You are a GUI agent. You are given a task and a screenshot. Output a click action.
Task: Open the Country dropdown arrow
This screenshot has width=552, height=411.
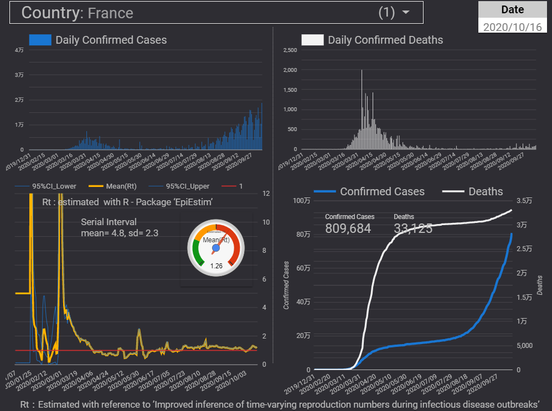406,13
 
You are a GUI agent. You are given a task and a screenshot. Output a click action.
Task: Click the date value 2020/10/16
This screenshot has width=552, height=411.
512,27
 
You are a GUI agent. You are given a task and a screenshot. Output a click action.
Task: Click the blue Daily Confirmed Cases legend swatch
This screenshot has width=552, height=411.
40,40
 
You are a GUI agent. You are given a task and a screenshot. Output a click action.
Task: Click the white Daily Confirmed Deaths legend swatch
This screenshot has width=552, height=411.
312,40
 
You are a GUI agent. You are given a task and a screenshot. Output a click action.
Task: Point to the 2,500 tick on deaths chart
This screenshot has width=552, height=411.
290,50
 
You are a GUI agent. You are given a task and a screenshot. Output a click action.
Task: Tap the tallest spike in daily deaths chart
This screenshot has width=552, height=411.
362,70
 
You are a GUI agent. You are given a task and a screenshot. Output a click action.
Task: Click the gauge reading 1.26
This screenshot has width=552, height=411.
216,265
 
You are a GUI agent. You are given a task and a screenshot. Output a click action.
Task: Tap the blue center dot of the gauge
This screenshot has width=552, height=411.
216,249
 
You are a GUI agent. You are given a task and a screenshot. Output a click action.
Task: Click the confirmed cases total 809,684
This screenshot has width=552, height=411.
348,228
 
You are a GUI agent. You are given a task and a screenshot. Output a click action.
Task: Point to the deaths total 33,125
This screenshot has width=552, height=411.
413,228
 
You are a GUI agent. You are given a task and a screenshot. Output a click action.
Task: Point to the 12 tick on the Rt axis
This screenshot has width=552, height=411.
266,194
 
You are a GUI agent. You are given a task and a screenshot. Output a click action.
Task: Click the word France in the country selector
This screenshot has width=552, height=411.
110,13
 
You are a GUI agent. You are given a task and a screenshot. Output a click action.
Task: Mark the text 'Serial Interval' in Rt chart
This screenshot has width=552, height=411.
109,222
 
